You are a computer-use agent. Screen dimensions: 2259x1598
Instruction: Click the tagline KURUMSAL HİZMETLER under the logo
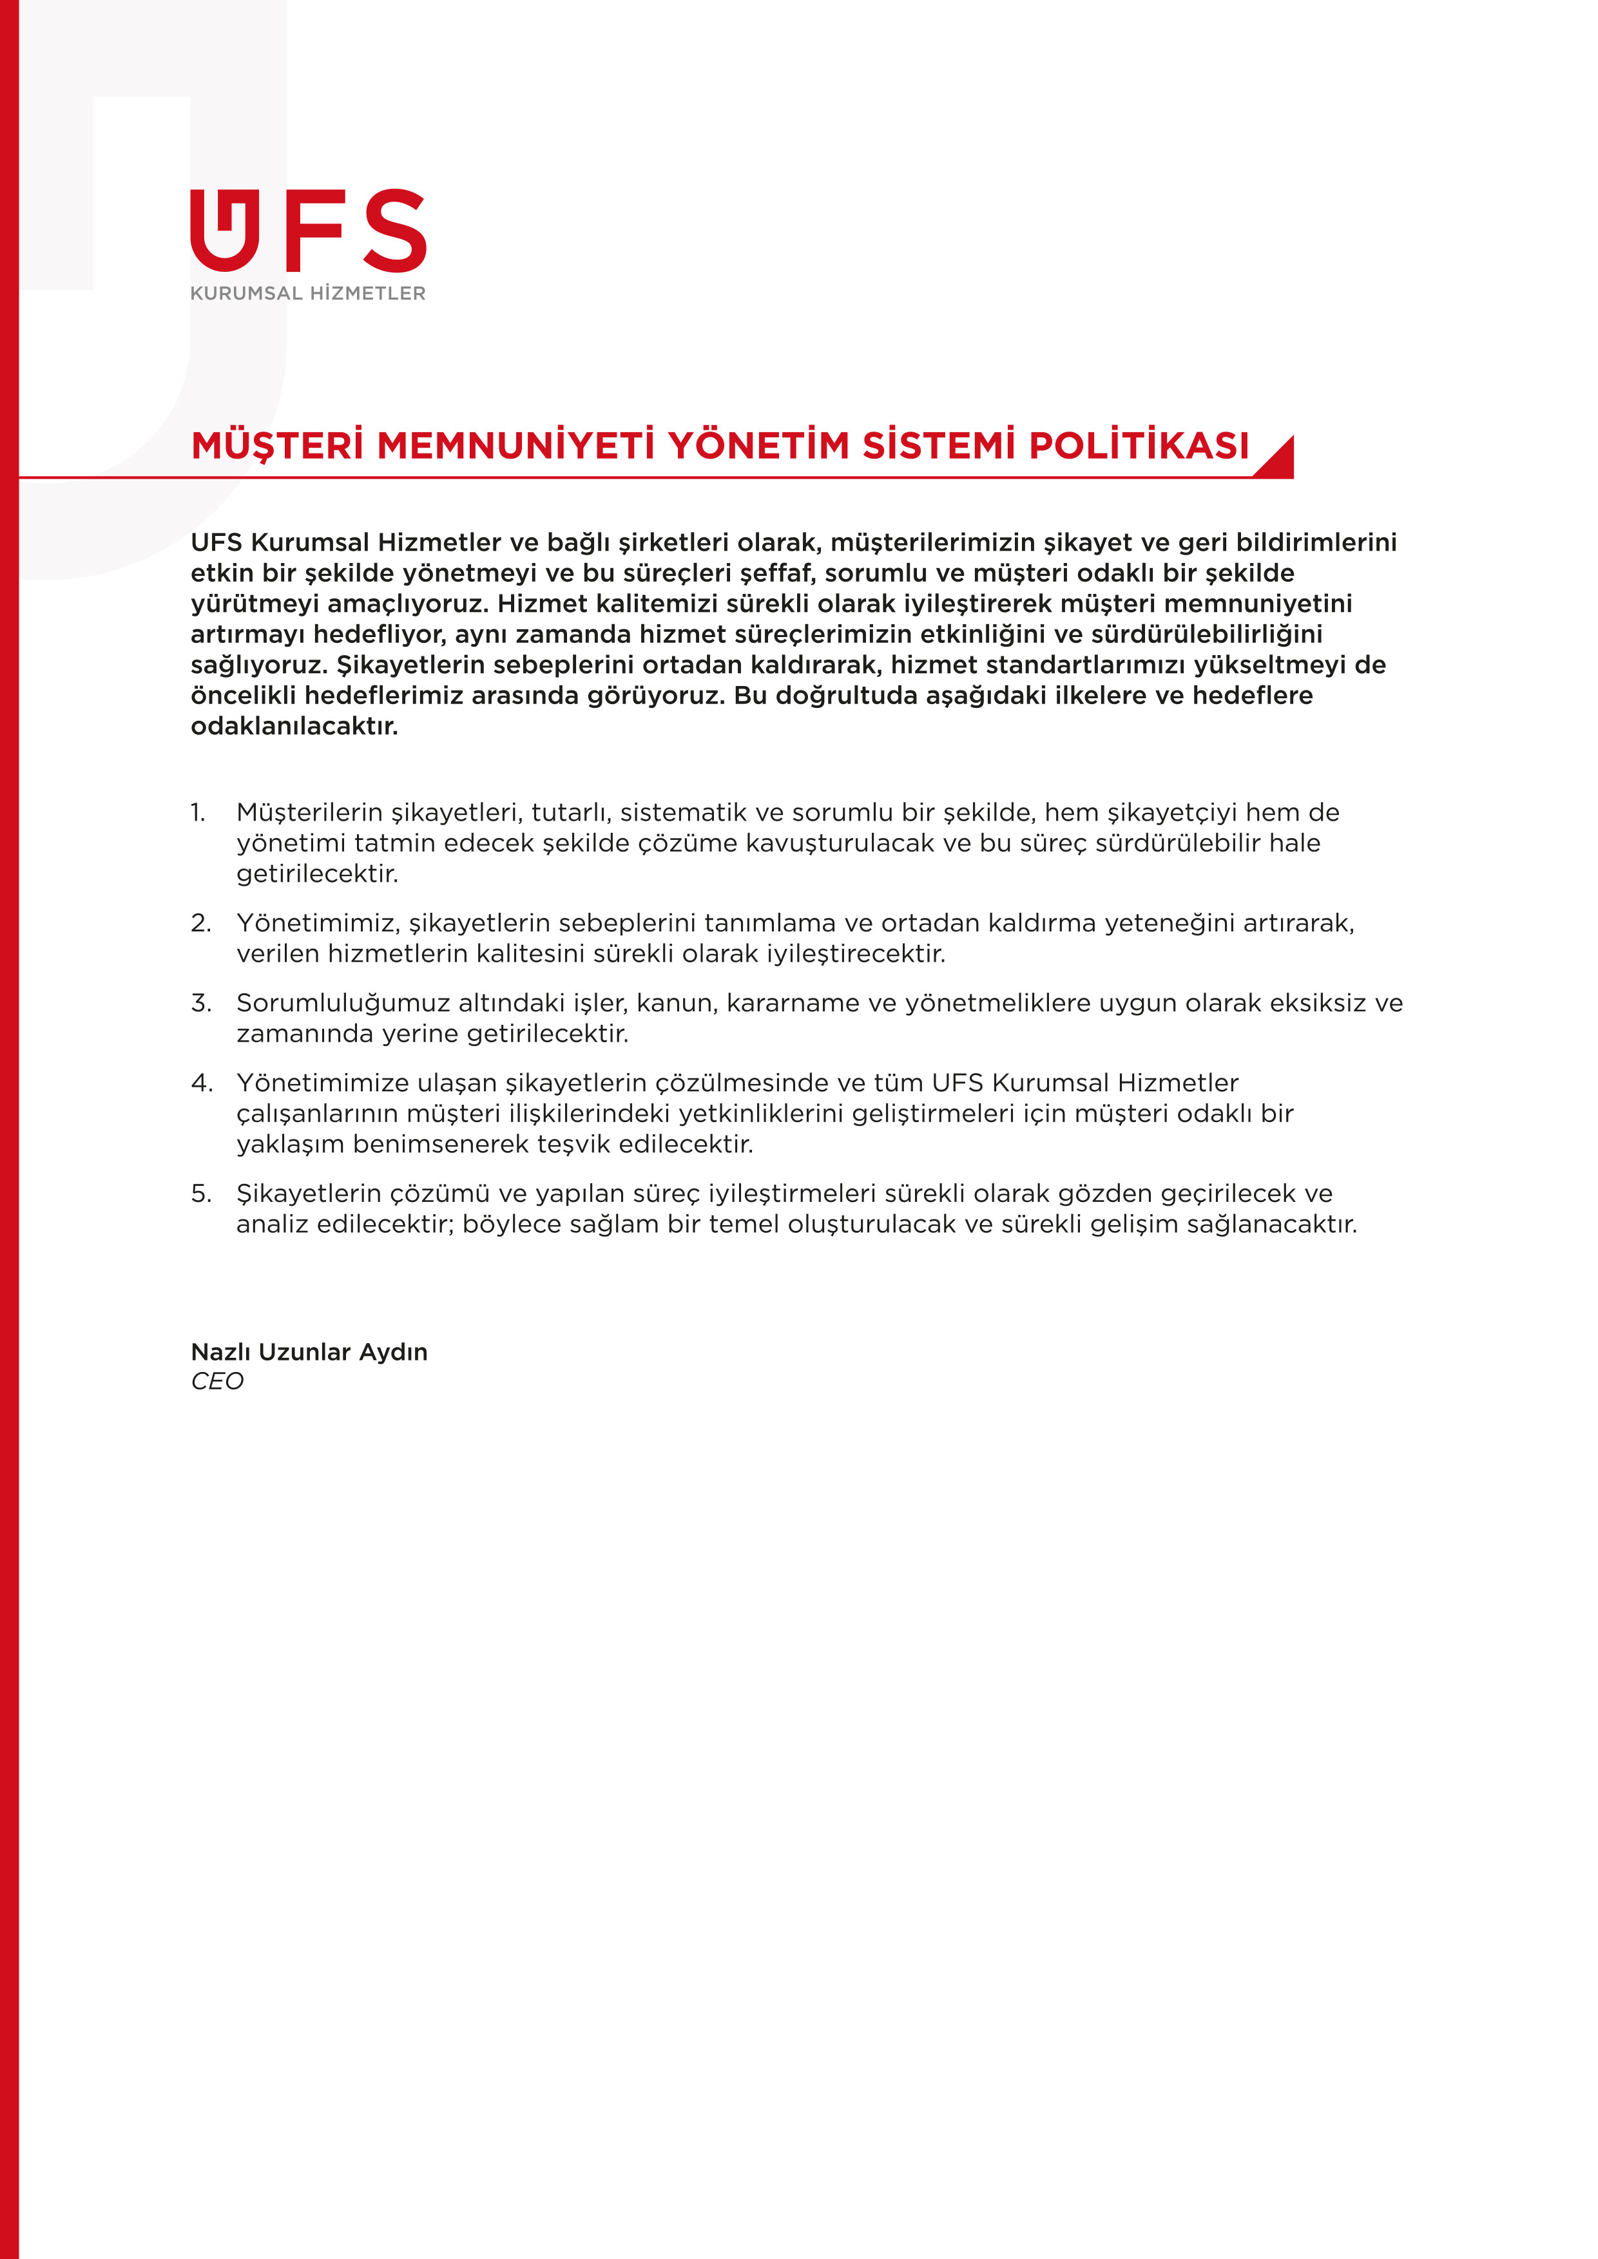[308, 293]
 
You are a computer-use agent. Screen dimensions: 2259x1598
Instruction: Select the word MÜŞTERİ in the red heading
[278, 446]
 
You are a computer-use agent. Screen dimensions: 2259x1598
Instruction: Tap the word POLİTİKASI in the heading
[1139, 446]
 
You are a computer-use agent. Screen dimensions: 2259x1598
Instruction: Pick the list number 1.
[198, 813]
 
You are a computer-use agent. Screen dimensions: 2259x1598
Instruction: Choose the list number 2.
[201, 923]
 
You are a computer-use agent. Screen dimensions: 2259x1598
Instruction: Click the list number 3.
[201, 1002]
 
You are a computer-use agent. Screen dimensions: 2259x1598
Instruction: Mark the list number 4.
[202, 1082]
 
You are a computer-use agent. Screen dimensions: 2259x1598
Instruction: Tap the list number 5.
[201, 1194]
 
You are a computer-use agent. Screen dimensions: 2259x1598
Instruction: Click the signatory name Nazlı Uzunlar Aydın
[309, 1352]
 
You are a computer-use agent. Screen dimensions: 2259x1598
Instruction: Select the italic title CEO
[217, 1382]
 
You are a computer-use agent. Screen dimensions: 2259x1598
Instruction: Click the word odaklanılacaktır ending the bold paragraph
[294, 727]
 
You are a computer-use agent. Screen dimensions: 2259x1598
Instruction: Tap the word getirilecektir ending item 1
[317, 873]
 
